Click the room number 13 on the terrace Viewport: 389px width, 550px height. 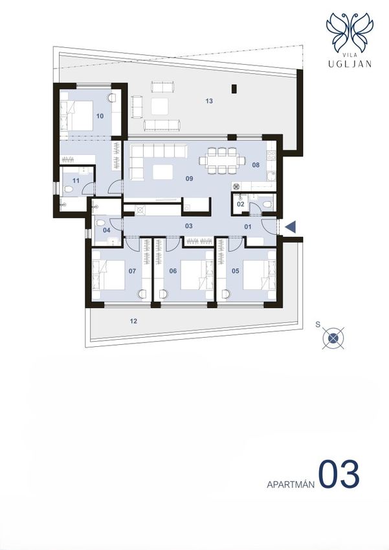tap(209, 101)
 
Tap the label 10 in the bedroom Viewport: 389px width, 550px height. tap(100, 116)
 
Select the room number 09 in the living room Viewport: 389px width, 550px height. tap(190, 179)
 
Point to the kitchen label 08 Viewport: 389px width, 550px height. tap(256, 165)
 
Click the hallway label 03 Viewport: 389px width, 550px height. tap(189, 226)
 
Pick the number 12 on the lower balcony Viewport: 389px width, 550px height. tap(133, 321)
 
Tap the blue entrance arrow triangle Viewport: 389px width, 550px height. tap(291, 227)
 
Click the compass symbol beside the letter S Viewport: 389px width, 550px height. tap(333, 338)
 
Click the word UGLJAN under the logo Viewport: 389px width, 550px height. tap(350, 64)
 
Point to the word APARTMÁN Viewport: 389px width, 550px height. tap(290, 485)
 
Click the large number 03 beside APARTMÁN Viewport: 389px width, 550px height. tap(339, 474)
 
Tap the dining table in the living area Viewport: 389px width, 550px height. tap(222, 160)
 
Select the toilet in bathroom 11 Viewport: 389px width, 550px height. tap(69, 190)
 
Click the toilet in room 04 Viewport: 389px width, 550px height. tap(100, 223)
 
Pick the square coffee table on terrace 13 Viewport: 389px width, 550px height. tap(160, 106)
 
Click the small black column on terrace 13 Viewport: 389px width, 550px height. tap(234, 89)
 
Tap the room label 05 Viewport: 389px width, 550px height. tap(236, 270)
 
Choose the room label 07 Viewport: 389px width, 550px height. tap(132, 270)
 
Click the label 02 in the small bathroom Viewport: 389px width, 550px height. tap(241, 204)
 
